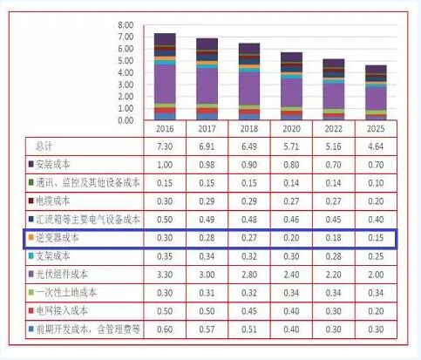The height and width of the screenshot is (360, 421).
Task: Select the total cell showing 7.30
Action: [164, 146]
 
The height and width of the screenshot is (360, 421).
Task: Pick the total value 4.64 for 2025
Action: [375, 146]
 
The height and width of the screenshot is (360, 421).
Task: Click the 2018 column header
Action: [249, 128]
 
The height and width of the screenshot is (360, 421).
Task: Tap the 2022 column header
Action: [333, 128]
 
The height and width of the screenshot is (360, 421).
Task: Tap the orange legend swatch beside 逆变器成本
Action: [31, 236]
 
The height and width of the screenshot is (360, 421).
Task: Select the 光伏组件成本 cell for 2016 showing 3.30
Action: [164, 273]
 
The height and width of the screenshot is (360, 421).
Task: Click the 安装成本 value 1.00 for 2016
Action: [164, 164]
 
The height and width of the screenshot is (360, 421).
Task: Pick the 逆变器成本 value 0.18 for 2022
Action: [333, 236]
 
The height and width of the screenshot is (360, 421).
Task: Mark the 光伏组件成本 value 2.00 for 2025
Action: [375, 273]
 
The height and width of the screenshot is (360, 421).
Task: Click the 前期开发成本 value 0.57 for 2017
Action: [207, 328]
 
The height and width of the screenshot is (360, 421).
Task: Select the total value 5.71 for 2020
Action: [291, 146]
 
